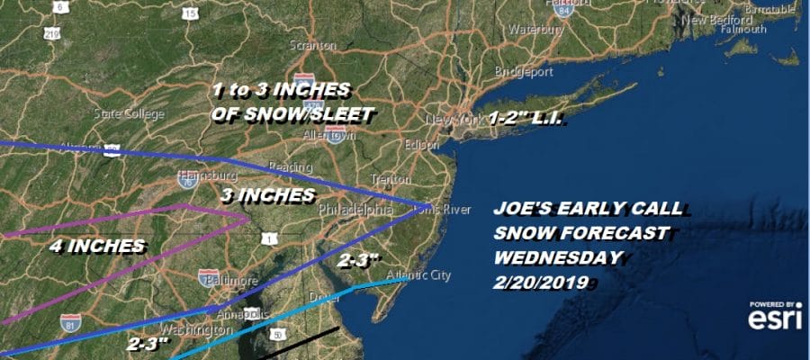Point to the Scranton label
click(313, 46)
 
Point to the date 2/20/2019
click(541, 282)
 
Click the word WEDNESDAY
click(558, 257)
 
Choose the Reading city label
click(291, 167)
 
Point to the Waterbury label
click(536, 30)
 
